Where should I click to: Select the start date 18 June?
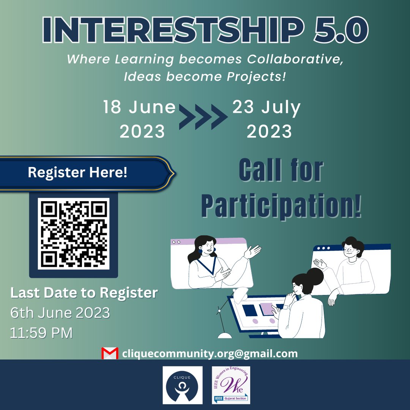[140, 108]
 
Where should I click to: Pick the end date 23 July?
[266, 108]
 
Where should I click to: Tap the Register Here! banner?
[78, 173]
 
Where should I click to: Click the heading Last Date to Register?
[84, 293]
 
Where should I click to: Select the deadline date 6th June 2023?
[60, 313]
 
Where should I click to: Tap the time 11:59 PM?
[41, 333]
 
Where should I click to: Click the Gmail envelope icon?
[110, 353]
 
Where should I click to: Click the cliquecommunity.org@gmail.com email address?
[210, 353]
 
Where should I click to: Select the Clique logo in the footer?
[182, 385]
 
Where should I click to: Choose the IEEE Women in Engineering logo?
[231, 385]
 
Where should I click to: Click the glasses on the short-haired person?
[350, 250]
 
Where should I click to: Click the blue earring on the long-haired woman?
[200, 251]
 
